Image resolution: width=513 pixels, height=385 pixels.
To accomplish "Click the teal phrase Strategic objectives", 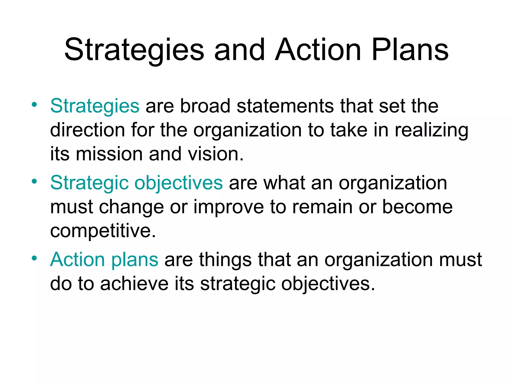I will coord(136,183).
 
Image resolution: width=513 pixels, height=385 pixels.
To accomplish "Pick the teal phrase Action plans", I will coord(104,260).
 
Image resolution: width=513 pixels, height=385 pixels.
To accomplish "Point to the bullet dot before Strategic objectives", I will coord(34,181).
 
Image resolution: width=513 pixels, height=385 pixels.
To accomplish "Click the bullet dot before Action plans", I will coord(34,258).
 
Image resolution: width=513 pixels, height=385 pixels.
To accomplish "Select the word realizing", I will coord(431,130).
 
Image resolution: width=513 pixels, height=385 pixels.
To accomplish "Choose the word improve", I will coord(229,208).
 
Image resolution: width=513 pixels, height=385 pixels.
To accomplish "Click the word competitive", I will coord(103,231).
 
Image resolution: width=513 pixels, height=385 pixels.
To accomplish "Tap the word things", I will coord(225,260).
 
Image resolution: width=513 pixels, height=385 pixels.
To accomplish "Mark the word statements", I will coord(285,106).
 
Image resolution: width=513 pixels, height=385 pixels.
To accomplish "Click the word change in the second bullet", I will coord(132,208).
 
